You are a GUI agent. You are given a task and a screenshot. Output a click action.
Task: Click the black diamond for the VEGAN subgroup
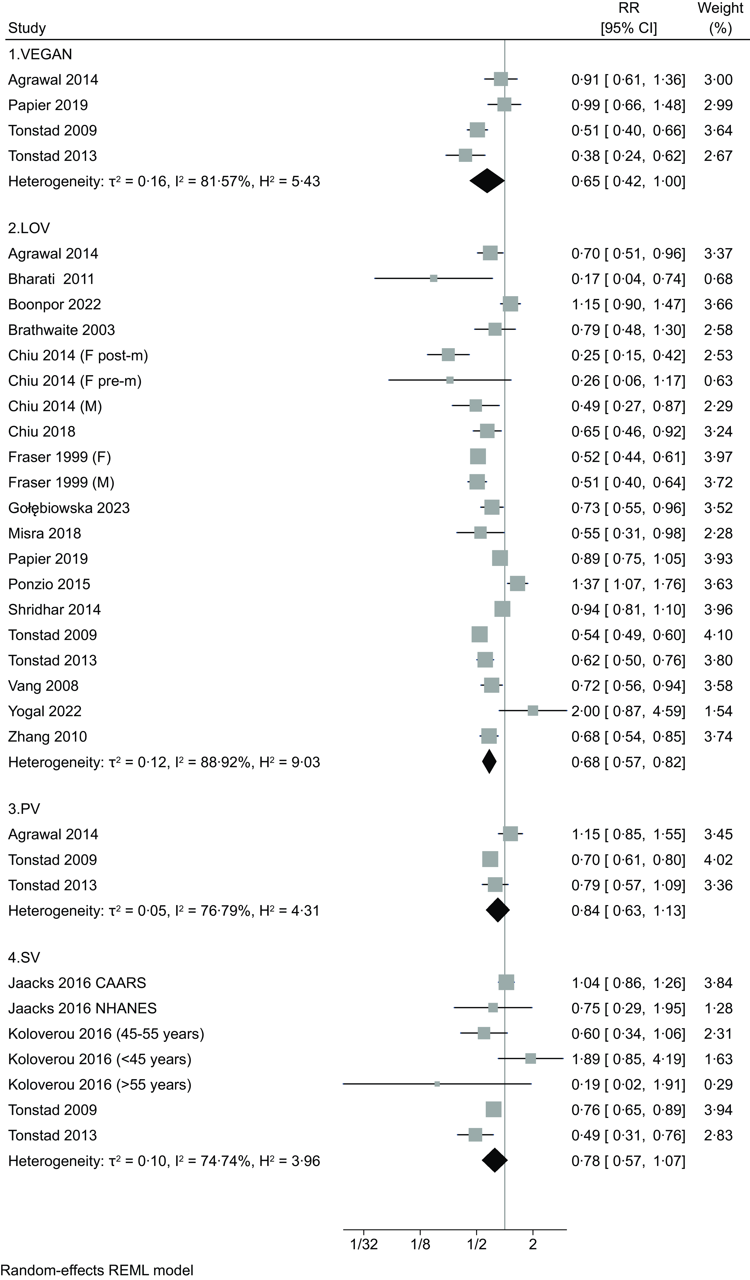[487, 181]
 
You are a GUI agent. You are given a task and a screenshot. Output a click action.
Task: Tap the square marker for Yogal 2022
[532, 711]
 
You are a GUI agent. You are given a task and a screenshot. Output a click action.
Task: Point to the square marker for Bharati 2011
[434, 278]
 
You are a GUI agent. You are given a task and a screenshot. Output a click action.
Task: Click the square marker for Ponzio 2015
[517, 584]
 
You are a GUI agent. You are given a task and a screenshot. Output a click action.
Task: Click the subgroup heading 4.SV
[24, 957]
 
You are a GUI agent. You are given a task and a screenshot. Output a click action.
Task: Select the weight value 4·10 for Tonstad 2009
[718, 635]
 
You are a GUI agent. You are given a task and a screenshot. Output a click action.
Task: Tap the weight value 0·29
[718, 1084]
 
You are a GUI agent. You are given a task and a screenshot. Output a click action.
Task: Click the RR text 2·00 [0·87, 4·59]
[628, 711]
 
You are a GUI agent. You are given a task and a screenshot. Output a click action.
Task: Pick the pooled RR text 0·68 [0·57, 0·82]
[628, 762]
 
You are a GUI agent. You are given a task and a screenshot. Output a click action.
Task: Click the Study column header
[27, 28]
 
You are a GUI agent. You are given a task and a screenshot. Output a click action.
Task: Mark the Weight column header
[720, 18]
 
